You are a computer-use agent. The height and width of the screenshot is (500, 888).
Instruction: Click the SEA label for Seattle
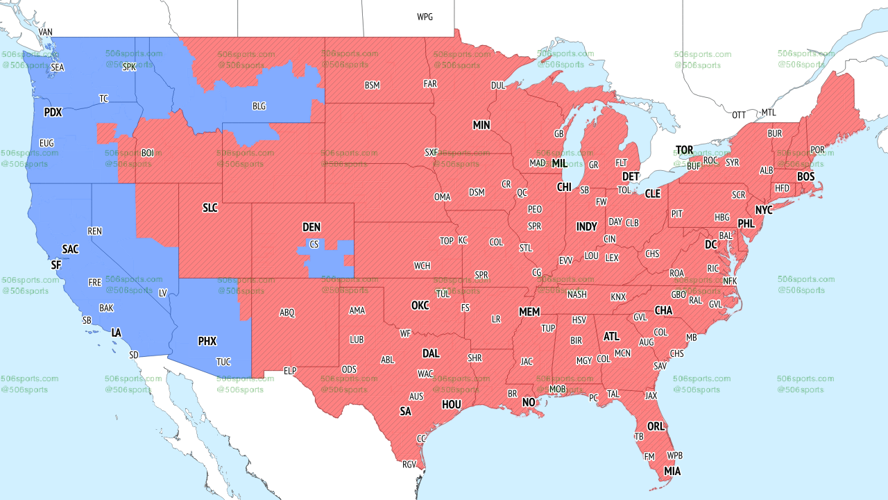[x=58, y=67]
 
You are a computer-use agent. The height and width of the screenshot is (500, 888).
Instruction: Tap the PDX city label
[x=53, y=112]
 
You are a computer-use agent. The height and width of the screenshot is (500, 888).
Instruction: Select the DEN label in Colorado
[x=311, y=227]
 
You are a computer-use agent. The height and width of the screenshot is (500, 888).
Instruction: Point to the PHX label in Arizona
[x=207, y=341]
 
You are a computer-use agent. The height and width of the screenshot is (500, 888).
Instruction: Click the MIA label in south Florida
[x=672, y=471]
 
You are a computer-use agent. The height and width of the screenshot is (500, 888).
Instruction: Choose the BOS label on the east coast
[x=805, y=177]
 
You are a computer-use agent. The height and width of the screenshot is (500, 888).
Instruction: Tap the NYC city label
[x=764, y=210]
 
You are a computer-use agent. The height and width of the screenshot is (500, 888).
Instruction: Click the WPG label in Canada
[x=425, y=17]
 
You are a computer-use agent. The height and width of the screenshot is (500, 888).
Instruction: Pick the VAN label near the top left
[x=46, y=32]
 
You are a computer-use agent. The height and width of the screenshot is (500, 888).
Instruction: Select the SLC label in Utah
[x=210, y=208]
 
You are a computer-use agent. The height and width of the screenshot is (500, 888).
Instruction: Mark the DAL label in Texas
[x=431, y=353]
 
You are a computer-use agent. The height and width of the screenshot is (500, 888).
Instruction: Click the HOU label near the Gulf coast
[x=452, y=404]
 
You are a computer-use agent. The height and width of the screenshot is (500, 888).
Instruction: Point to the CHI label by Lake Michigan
[x=564, y=187]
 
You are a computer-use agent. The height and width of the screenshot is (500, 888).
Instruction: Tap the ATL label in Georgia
[x=611, y=336]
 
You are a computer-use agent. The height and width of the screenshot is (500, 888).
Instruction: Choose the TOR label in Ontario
[x=685, y=150]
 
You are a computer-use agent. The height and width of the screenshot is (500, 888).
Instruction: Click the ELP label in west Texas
[x=290, y=371]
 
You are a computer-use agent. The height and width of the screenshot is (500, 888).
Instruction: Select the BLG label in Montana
[x=259, y=106]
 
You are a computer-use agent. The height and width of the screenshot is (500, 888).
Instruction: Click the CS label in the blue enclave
[x=314, y=244]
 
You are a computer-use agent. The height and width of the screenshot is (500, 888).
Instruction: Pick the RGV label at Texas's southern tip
[x=409, y=465]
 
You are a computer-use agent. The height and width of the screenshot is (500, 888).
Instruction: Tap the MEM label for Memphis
[x=529, y=312]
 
